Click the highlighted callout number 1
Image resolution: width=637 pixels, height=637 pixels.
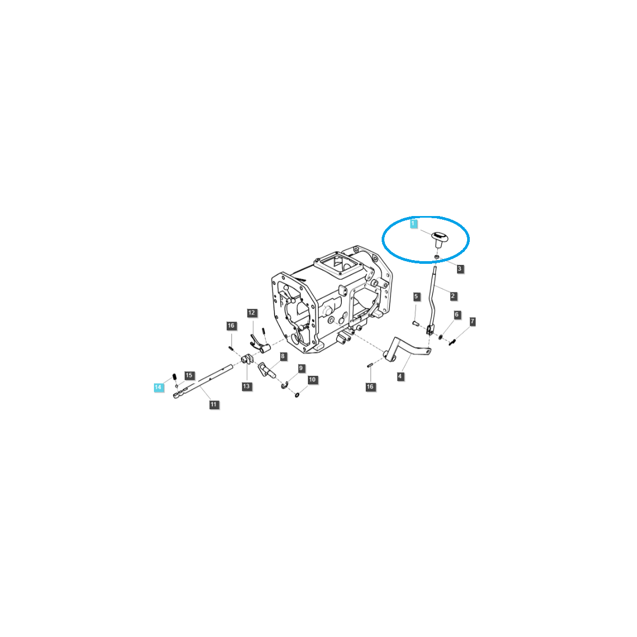pos(413,223)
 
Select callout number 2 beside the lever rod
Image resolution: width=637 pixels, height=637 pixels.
pos(453,296)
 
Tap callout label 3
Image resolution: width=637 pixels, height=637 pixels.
pos(460,269)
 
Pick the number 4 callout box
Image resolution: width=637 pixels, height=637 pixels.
pos(400,376)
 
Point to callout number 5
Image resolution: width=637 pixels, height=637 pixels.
pos(416,297)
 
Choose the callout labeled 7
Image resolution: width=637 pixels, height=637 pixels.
pos(472,321)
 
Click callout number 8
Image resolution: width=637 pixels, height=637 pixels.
pos(282,356)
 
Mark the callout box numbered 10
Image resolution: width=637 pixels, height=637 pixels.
pos(312,380)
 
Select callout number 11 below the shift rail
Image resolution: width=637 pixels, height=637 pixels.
pos(213,404)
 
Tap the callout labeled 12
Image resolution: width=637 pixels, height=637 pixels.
pos(252,313)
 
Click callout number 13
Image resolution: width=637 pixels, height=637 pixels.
pos(246,386)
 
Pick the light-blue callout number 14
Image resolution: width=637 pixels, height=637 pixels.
pos(158,387)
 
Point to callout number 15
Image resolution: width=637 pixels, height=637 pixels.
pos(189,375)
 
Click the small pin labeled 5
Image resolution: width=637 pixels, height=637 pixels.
pos(416,322)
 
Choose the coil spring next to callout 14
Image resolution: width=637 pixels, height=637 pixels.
pos(175,377)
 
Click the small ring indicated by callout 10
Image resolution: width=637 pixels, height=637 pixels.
pos(297,395)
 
